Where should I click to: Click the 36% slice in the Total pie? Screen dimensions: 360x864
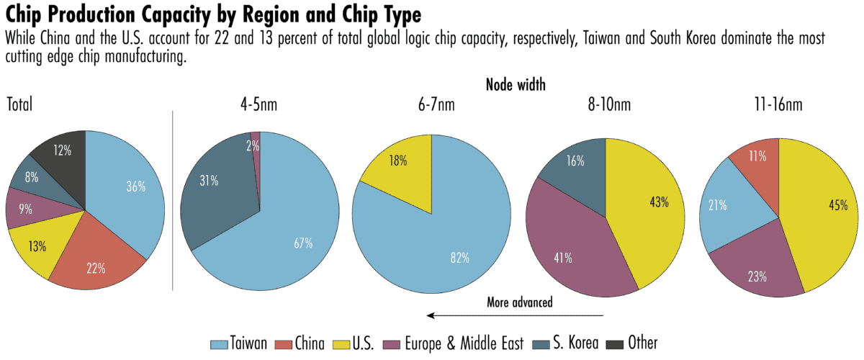point(133,187)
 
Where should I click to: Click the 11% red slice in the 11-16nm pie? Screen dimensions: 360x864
point(756,155)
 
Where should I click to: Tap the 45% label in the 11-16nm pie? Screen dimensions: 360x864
point(837,205)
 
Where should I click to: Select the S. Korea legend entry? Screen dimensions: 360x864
point(566,343)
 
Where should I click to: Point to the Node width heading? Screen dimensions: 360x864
point(516,84)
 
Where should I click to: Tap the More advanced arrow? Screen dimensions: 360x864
point(515,315)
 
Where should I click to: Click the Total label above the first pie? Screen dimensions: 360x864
point(19,105)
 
